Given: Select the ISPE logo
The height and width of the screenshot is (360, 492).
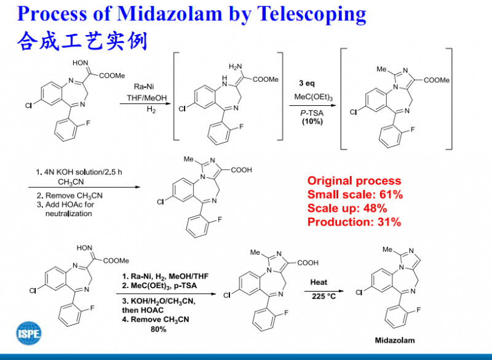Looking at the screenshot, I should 29,332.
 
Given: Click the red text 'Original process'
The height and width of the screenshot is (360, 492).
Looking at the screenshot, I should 354,181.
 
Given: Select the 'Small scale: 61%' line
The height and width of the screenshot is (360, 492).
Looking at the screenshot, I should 355,194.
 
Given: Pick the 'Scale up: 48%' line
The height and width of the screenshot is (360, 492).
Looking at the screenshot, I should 347,208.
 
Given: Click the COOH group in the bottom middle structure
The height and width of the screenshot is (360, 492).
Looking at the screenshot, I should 306,262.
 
